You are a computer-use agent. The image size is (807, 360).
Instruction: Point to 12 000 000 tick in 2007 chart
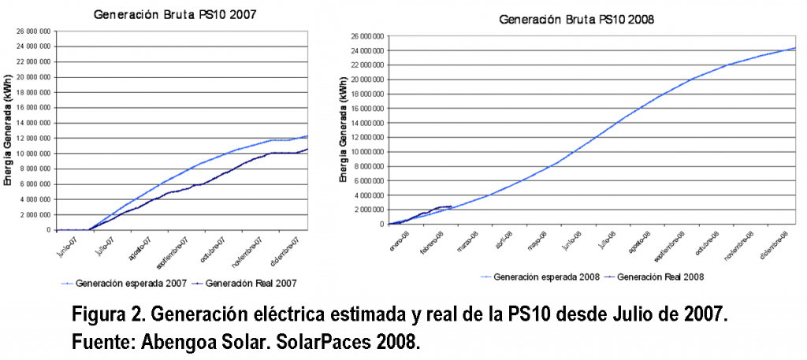click(35, 138)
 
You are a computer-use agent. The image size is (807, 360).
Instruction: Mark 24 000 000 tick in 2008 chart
click(367, 50)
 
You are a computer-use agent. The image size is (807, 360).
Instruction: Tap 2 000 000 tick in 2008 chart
click(370, 210)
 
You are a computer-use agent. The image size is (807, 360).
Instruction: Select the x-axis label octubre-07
click(212, 247)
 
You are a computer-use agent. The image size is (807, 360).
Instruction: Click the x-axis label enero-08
click(396, 239)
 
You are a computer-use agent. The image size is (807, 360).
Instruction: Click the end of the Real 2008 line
click(451, 206)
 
